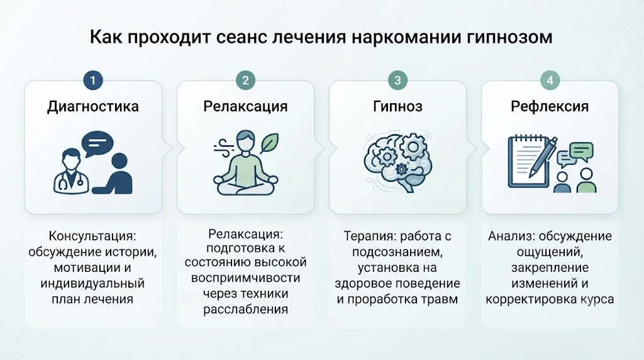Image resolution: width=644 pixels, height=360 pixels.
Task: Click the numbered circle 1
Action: pyautogui.click(x=93, y=80)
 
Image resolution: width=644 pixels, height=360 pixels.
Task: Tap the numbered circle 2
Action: pyautogui.click(x=245, y=80)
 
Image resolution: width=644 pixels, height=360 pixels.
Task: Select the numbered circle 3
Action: pyautogui.click(x=397, y=80)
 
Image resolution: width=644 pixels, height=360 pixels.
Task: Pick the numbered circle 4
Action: pyautogui.click(x=550, y=80)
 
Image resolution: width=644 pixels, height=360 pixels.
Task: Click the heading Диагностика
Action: pyautogui.click(x=93, y=107)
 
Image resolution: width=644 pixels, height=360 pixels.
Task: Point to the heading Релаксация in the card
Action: pyautogui.click(x=245, y=107)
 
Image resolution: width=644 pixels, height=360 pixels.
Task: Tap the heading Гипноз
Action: pyautogui.click(x=397, y=106)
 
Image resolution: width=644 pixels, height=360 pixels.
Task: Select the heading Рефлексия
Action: pyautogui.click(x=550, y=106)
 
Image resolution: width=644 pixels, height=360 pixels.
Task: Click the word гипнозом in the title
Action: pyautogui.click(x=509, y=37)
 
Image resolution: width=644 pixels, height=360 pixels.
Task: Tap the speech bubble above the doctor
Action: pyautogui.click(x=97, y=143)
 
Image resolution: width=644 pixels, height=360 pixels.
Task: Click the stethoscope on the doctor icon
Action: pyautogui.click(x=70, y=181)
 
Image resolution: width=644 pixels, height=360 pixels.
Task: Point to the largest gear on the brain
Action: pyautogui.click(x=413, y=147)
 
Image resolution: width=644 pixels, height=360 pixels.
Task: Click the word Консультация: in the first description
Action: pyautogui.click(x=92, y=236)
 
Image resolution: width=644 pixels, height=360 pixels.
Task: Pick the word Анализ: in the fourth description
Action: pyautogui.click(x=511, y=236)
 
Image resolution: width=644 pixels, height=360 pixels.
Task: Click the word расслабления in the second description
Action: pyautogui.click(x=246, y=309)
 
